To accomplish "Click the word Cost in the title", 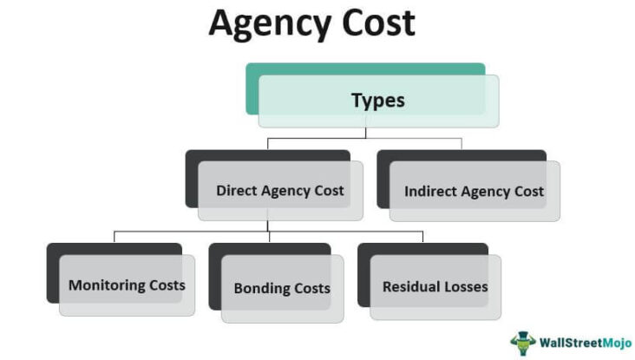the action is tap(378, 23).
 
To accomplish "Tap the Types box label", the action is tap(378, 101).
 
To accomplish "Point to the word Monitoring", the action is tap(107, 285).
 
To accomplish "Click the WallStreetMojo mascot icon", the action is tap(523, 344).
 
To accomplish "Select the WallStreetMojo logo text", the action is tap(586, 344).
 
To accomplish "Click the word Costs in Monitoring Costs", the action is tap(167, 285).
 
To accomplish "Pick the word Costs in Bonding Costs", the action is tap(312, 288).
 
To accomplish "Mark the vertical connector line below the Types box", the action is tap(366, 133).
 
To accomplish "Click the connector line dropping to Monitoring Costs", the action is tap(115, 237).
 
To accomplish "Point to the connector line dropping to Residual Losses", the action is tap(422, 237).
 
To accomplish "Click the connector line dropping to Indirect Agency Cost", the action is tap(462, 144).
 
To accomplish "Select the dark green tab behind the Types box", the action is tap(365, 69).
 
